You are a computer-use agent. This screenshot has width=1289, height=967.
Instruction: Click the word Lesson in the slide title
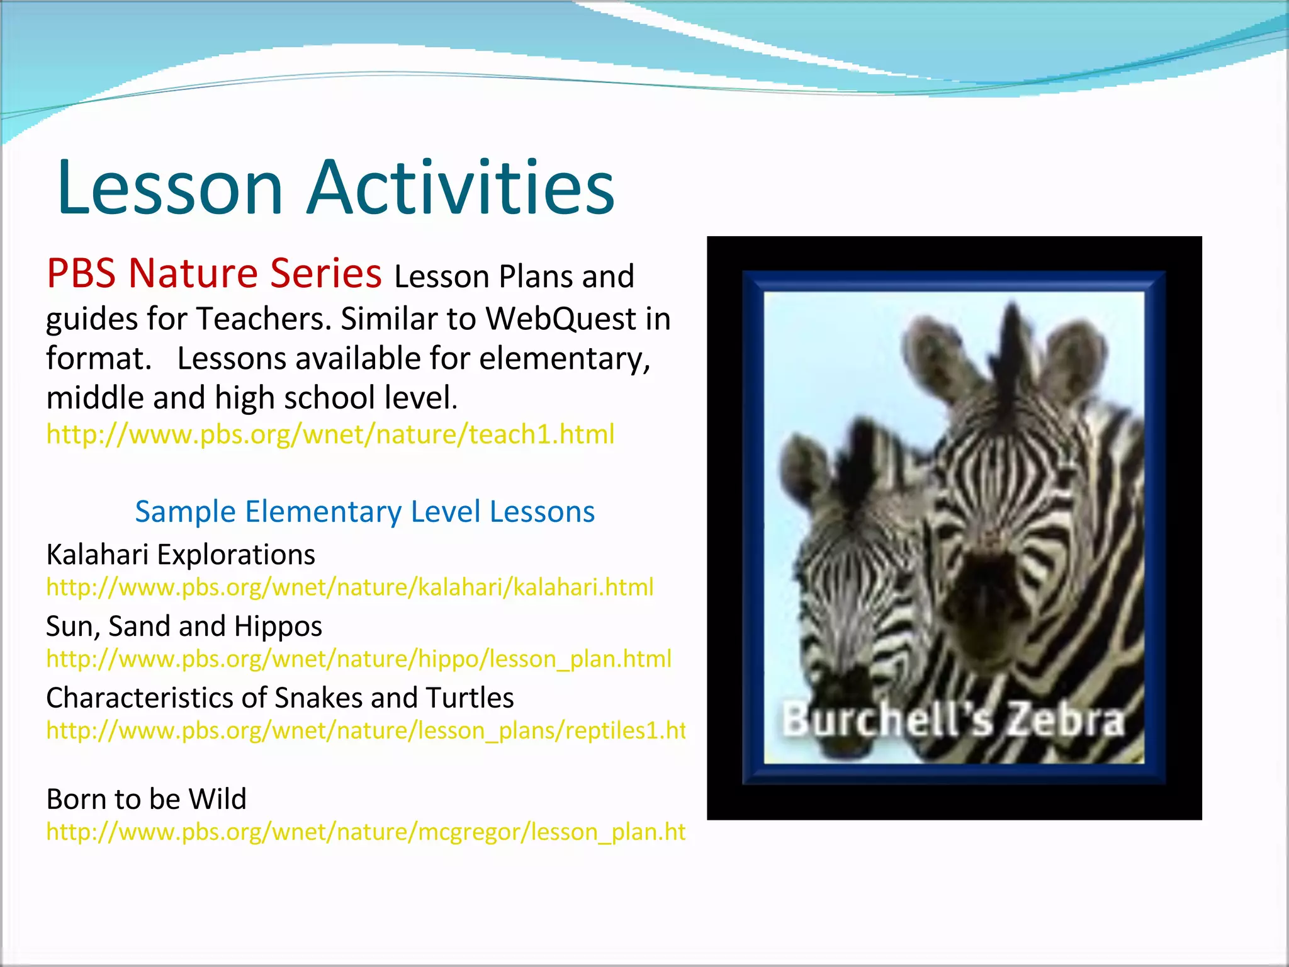pyautogui.click(x=170, y=188)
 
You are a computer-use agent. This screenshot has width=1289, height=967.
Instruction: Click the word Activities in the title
pyautogui.click(x=460, y=188)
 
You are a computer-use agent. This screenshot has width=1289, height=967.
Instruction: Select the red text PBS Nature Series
pyautogui.click(x=214, y=274)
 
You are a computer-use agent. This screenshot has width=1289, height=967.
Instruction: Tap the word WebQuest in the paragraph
pyautogui.click(x=560, y=319)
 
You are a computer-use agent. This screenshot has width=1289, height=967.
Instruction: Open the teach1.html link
pyautogui.click(x=330, y=434)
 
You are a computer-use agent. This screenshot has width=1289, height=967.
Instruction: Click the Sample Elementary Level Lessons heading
pyautogui.click(x=364, y=511)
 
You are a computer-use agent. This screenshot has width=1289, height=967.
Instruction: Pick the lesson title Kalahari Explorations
pyautogui.click(x=181, y=555)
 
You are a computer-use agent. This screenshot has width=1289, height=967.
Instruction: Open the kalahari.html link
pyautogui.click(x=349, y=587)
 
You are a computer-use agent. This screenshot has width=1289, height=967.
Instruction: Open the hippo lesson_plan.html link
pyautogui.click(x=358, y=659)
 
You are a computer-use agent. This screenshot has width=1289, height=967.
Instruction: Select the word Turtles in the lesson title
pyautogui.click(x=470, y=698)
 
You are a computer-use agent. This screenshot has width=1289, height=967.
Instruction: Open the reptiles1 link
pyautogui.click(x=365, y=730)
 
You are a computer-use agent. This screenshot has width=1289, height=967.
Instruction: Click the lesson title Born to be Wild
pyautogui.click(x=146, y=799)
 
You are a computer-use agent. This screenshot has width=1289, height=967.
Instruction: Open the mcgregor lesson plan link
pyautogui.click(x=365, y=832)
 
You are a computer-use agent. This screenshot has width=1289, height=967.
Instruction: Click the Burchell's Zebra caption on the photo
pyautogui.click(x=953, y=720)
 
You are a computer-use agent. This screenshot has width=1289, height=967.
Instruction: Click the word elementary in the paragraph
pyautogui.click(x=564, y=359)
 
